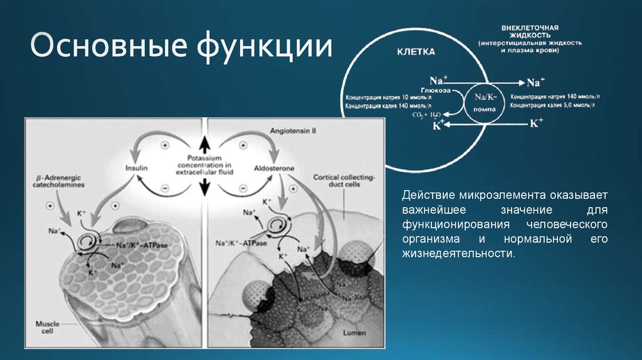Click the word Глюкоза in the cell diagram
tap(444, 90)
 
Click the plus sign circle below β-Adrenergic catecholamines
tap(50, 206)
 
